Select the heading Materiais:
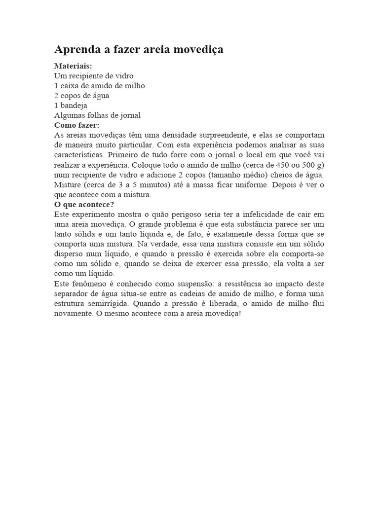(73, 66)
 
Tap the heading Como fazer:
(76, 125)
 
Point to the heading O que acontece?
(84, 204)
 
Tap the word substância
(269, 224)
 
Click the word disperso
(69, 254)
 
